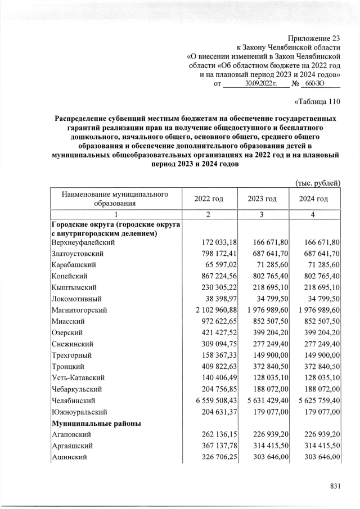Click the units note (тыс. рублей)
point(318,183)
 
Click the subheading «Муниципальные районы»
point(96,423)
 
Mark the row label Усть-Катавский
point(78,378)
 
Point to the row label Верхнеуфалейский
point(83,242)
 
